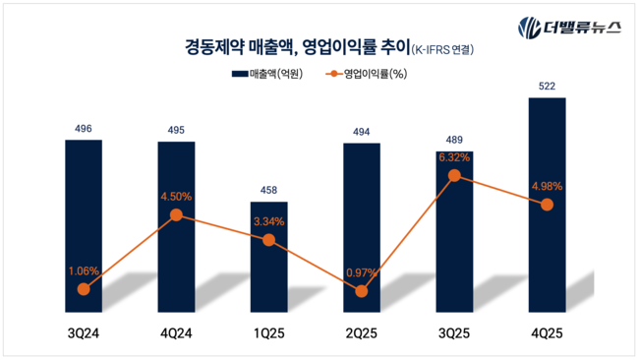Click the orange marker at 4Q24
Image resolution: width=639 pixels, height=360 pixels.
click(x=177, y=214)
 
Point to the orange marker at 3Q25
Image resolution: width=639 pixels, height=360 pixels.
click(x=454, y=175)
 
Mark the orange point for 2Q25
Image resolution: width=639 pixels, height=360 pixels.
click(x=362, y=291)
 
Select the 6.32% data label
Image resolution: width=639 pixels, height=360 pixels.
click(x=454, y=156)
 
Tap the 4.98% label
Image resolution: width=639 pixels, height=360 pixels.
click(x=547, y=186)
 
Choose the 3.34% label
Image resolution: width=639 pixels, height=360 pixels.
click(x=269, y=221)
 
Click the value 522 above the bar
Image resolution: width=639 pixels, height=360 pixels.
click(x=547, y=87)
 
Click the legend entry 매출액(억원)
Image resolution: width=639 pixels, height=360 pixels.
click(x=267, y=74)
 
